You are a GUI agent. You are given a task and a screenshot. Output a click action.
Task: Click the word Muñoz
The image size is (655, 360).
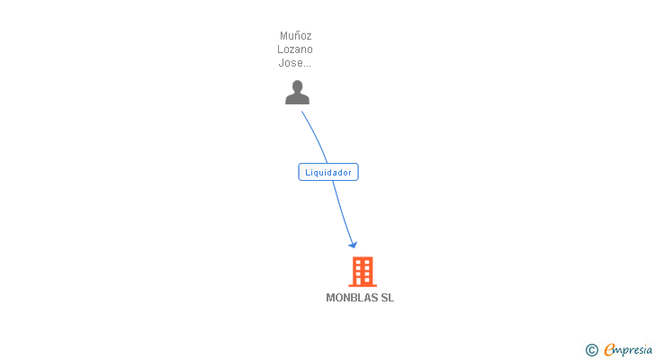tap(296, 37)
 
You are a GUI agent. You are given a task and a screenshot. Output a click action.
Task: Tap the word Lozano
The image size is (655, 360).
tap(296, 49)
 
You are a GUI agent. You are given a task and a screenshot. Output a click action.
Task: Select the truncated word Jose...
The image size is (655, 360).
tap(294, 63)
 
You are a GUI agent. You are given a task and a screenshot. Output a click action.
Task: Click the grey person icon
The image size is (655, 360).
tap(297, 92)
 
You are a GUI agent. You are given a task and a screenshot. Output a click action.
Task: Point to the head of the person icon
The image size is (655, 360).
tap(297, 85)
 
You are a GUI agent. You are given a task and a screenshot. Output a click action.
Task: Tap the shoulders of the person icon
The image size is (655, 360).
tap(297, 99)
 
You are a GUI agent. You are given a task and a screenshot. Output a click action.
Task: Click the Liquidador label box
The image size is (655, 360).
tap(328, 172)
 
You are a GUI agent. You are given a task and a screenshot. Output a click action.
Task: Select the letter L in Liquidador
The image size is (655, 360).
tap(308, 172)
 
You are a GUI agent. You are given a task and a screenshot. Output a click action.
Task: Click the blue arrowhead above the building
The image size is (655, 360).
tap(354, 244)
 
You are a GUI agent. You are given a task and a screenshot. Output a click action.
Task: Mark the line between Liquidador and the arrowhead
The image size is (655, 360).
tap(342, 211)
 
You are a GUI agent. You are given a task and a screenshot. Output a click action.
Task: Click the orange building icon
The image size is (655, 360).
tap(362, 271)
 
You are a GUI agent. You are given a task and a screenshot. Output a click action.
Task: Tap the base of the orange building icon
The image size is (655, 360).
tap(362, 283)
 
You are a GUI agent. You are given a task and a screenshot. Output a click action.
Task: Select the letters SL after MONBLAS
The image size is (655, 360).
tap(388, 298)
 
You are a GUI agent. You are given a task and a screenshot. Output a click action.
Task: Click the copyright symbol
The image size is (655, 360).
tap(591, 350)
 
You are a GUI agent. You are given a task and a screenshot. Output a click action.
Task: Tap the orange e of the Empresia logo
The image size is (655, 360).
tap(609, 350)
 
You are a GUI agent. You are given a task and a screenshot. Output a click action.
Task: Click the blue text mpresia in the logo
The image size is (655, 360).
tap(633, 350)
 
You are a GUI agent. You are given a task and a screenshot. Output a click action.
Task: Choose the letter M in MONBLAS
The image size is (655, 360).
tap(330, 298)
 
